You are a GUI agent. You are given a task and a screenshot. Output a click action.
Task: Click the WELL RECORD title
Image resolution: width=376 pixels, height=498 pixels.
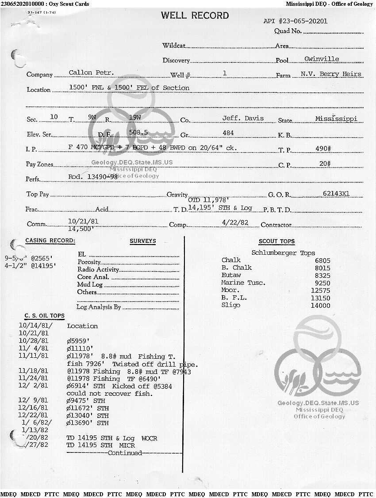coord(195,15)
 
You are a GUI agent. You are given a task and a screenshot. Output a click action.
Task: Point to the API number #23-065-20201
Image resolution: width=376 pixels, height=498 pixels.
coord(295,21)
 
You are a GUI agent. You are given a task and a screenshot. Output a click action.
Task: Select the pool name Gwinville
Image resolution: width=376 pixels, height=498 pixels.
coord(322,59)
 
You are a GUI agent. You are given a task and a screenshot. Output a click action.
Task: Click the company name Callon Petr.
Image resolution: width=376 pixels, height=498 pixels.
coord(92,73)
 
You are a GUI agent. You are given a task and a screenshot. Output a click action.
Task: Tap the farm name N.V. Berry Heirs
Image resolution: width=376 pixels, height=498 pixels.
coord(331,74)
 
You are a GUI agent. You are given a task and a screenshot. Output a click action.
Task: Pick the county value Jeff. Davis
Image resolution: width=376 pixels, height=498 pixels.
coord(243,118)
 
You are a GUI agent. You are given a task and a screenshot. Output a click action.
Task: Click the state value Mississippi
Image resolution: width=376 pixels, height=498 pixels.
coord(336,119)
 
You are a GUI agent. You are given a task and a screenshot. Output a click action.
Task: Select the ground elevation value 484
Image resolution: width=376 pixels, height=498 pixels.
coord(229,133)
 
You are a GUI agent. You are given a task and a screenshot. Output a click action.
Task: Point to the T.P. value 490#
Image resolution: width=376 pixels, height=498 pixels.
coord(323,149)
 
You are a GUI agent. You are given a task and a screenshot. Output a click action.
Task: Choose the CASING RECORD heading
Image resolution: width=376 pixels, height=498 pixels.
coord(50,241)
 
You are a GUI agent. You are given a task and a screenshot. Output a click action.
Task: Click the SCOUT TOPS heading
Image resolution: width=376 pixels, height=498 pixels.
coord(276,241)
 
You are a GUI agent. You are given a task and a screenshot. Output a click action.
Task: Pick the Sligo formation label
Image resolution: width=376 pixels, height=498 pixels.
coord(231,305)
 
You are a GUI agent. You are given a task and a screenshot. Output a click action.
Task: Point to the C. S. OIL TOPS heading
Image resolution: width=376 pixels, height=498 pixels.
coord(44,316)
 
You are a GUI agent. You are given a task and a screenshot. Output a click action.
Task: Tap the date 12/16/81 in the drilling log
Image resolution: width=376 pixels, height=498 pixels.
coord(34,408)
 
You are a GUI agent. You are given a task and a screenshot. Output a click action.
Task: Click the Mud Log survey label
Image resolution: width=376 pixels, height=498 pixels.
coord(90,284)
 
